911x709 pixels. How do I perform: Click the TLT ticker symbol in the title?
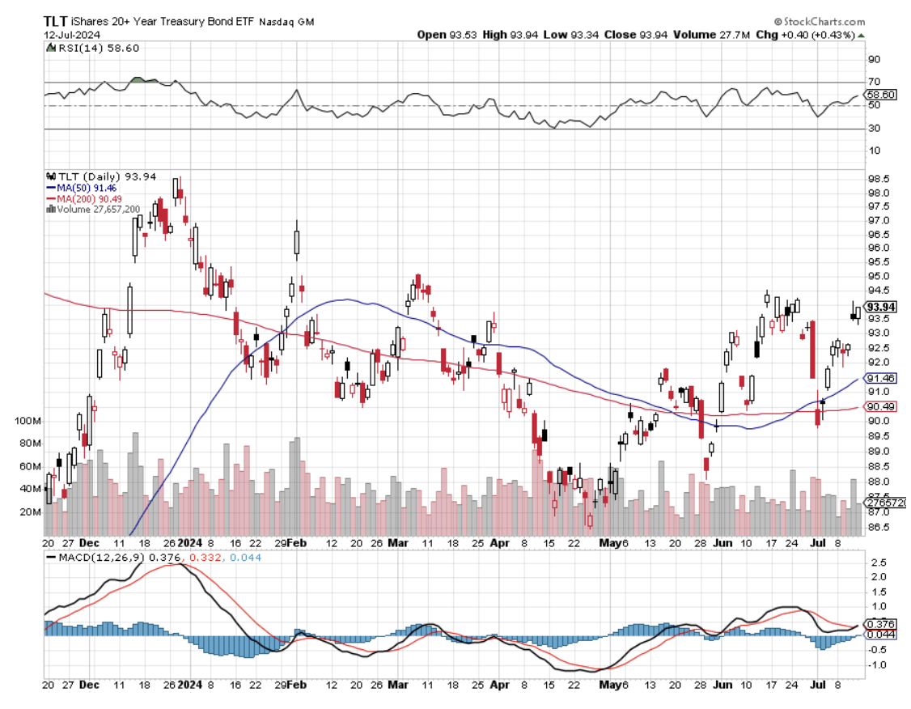(x=56, y=23)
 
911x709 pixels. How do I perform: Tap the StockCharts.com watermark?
(x=819, y=22)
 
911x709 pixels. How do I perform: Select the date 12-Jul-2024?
(x=67, y=36)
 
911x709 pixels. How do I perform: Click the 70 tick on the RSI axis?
(x=874, y=82)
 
